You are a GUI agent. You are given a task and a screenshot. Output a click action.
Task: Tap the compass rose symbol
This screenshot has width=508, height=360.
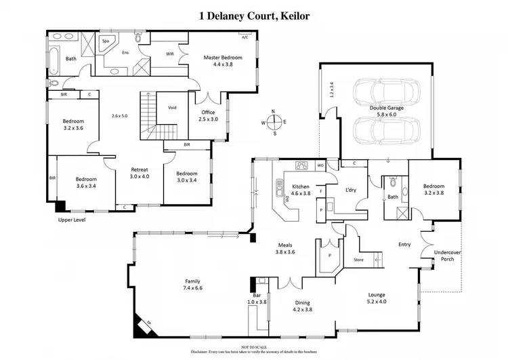point(274,123)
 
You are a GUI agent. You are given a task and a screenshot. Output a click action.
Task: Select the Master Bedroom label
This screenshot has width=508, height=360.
point(224,58)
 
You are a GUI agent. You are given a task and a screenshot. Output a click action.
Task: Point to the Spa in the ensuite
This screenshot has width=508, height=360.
point(106,41)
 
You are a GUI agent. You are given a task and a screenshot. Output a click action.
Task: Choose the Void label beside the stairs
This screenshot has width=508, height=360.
point(172,107)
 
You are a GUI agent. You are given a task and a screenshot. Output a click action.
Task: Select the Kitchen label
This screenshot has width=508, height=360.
point(301,186)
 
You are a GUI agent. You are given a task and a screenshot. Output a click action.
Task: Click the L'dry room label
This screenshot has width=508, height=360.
point(350,190)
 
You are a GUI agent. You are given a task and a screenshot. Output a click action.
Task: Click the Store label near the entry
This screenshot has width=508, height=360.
point(359,260)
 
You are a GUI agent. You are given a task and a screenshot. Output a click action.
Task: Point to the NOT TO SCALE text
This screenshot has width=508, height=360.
point(253,346)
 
